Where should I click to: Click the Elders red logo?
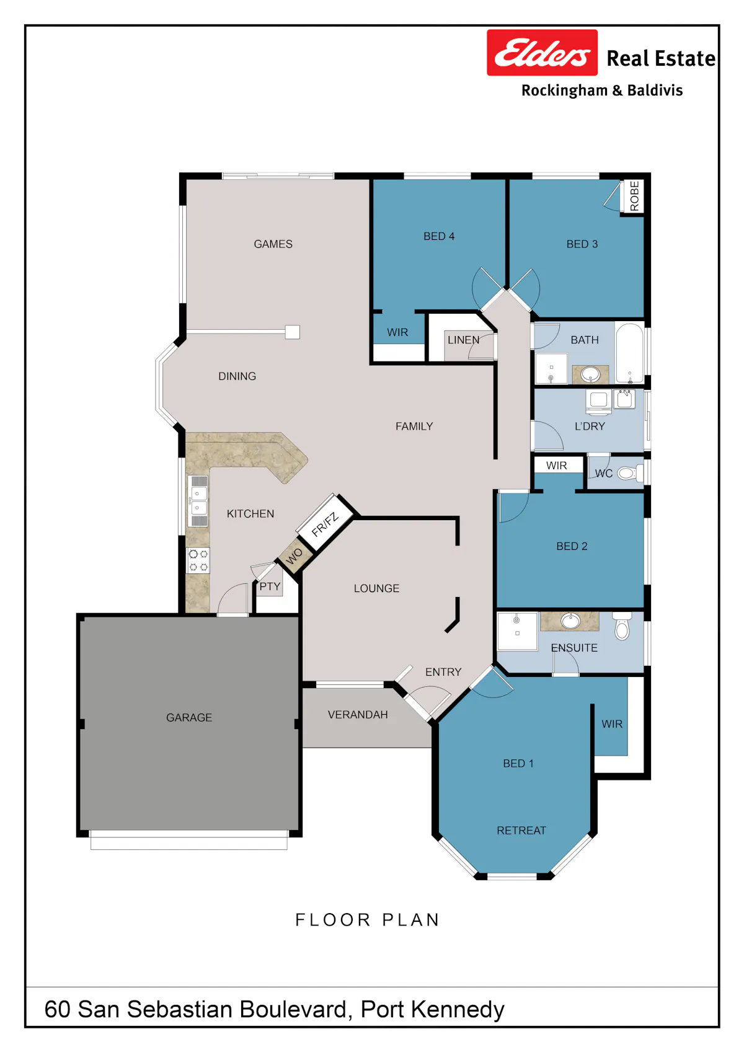(542, 53)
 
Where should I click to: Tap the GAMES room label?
(273, 244)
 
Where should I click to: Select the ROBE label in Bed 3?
(634, 196)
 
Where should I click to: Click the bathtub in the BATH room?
(629, 353)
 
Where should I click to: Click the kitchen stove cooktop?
(198, 560)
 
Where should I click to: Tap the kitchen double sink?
(198, 501)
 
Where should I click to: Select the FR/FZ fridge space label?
(324, 524)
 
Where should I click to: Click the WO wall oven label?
(294, 557)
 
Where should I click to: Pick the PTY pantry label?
(270, 586)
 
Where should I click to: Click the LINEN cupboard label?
(463, 340)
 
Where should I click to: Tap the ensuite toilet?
(622, 625)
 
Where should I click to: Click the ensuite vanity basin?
(570, 621)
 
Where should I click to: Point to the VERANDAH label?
(358, 715)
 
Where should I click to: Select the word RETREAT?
(521, 830)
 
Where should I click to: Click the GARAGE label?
(189, 718)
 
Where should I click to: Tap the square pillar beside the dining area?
(292, 332)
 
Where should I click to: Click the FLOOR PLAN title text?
(367, 919)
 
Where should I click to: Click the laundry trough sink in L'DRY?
(625, 399)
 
